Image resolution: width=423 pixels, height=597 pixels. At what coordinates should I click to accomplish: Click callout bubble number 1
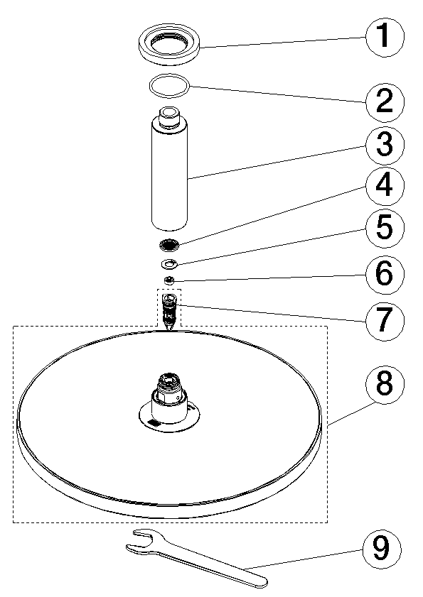coord(385,37)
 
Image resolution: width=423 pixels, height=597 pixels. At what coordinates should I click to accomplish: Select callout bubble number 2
coord(385,102)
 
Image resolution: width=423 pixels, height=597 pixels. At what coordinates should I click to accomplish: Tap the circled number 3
coord(385,145)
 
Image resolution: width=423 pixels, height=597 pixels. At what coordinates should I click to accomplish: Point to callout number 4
coord(385,187)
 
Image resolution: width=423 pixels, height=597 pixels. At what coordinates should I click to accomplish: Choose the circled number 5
coord(385,227)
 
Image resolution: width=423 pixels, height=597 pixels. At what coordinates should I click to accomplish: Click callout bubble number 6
coord(385,274)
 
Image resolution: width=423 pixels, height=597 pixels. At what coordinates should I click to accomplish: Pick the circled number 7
coord(385,320)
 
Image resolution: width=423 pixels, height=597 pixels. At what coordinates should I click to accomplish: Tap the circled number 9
coord(382,548)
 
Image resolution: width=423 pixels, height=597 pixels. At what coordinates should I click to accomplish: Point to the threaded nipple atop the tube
coord(169,116)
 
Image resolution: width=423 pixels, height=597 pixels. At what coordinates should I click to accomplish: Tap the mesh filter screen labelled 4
coord(168,244)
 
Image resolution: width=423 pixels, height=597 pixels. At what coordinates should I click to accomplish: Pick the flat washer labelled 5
coord(168,263)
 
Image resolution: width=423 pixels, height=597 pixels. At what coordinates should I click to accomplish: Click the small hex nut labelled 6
coord(169,280)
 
